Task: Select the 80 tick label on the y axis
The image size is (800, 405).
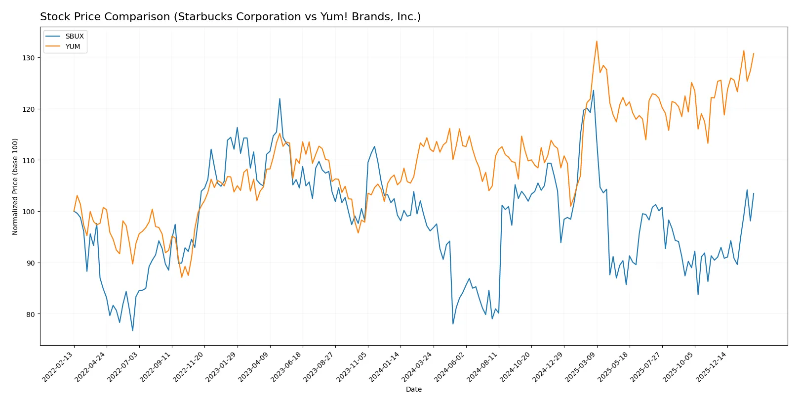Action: coord(31,314)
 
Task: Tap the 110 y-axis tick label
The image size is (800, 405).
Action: coord(28,160)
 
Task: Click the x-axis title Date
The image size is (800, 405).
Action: coord(413,389)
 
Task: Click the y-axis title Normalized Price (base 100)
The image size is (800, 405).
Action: coord(15,186)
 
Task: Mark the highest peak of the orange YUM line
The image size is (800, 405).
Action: coord(597,41)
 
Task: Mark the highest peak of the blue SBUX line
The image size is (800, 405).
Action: coord(593,90)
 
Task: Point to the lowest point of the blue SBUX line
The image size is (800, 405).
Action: coord(133,330)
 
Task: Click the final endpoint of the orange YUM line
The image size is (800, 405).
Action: coord(754,53)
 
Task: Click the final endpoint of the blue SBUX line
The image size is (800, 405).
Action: coord(754,193)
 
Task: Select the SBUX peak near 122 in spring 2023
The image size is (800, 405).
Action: coord(280,98)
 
